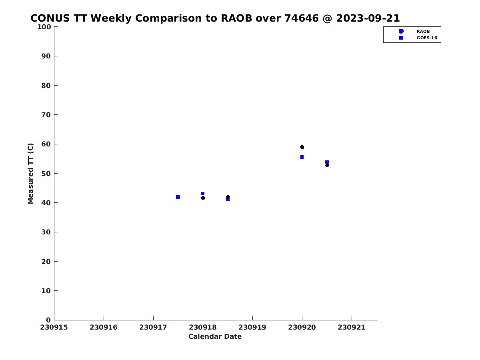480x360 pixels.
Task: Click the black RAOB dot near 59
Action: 302,147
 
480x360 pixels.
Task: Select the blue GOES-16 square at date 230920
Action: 302,157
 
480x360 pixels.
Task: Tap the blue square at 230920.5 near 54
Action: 327,162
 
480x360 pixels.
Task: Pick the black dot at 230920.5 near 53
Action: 327,166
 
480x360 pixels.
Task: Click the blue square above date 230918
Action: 203,194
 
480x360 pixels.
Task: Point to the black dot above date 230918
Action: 203,198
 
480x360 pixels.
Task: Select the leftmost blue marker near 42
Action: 178,197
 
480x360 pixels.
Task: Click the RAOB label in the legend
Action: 423,32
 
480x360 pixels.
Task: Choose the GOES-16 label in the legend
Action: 427,38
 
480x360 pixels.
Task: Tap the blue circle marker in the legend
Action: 401,32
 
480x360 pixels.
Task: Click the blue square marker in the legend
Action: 401,38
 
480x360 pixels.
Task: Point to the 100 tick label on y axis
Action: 44,27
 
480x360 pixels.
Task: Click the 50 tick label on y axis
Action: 46,174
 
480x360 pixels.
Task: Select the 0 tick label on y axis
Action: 48,320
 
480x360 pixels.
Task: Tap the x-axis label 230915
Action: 54,328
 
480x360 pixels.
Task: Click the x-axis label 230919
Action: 252,328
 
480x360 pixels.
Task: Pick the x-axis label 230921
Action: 352,328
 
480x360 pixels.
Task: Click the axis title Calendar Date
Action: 215,336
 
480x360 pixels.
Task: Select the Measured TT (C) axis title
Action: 30,174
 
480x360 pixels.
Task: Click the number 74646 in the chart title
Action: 302,18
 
